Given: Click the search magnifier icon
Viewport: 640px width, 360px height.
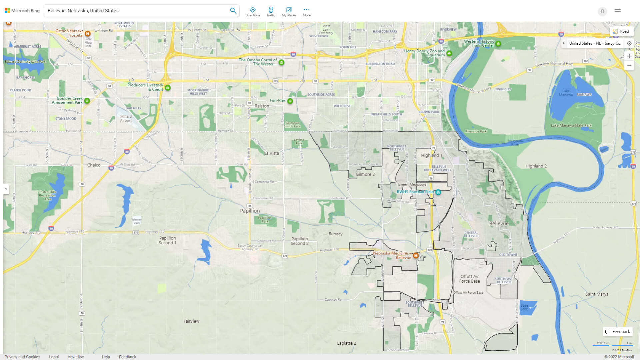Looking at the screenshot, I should [233, 11].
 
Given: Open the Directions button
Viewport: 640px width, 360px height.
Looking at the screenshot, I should [253, 12].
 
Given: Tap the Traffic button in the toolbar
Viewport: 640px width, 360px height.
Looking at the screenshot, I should [271, 12].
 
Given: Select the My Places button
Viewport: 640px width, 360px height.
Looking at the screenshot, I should [289, 12].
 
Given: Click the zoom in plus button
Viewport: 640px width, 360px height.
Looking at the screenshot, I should [629, 56].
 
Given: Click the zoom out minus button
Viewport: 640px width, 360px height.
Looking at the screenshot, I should [629, 66].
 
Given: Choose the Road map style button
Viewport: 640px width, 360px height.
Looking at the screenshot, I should [621, 31].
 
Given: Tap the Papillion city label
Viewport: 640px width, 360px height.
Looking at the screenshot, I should [250, 211].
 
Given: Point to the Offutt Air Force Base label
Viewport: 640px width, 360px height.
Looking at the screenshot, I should [469, 279].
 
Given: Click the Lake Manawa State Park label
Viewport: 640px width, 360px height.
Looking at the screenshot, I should [571, 126].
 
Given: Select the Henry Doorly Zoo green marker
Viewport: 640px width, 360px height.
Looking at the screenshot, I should [449, 53].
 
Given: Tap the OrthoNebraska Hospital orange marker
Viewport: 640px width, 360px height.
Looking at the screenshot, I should [88, 34].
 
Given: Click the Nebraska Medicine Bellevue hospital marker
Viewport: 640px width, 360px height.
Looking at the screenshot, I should [416, 256].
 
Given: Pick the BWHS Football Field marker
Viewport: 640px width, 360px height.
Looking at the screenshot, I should [438, 192].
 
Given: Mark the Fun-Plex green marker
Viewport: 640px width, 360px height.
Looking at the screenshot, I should [290, 101].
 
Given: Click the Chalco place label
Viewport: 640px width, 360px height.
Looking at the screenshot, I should [94, 165].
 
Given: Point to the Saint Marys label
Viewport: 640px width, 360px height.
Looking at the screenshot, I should [597, 294].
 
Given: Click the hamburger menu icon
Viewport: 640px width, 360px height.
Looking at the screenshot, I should [617, 11].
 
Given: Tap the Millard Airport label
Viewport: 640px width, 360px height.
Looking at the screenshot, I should [126, 119].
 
